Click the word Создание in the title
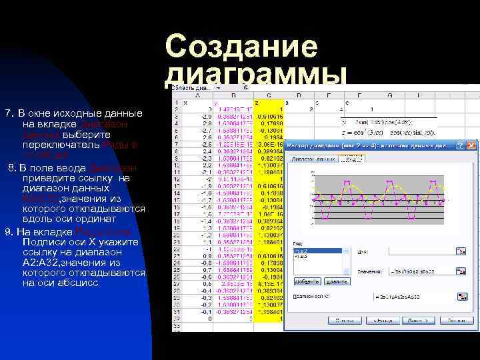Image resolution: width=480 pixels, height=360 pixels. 241,47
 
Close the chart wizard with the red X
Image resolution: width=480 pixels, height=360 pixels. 472,145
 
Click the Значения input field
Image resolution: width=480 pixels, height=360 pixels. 420,271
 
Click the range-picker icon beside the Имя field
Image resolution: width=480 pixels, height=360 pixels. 460,251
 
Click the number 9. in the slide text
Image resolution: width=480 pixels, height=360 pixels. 9,231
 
